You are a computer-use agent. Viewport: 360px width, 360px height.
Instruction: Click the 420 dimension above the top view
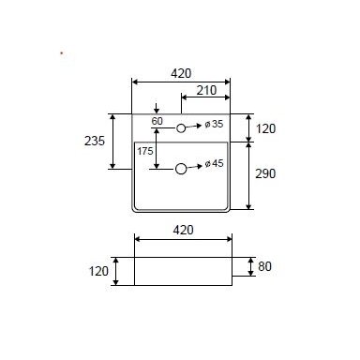pyautogui.click(x=181, y=73)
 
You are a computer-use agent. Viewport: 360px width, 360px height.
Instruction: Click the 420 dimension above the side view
pyautogui.click(x=183, y=230)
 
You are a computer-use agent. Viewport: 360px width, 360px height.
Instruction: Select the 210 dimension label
pyautogui.click(x=206, y=90)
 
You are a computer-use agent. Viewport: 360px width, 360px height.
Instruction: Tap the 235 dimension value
pyautogui.click(x=95, y=141)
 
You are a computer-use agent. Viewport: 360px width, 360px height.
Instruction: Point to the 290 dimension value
pyautogui.click(x=265, y=173)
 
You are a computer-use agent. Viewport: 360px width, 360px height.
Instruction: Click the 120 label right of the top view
pyautogui.click(x=265, y=128)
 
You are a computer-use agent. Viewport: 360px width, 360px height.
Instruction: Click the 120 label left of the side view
pyautogui.click(x=98, y=271)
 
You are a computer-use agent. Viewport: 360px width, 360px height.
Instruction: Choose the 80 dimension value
pyautogui.click(x=264, y=266)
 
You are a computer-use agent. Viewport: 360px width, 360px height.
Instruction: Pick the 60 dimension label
pyautogui.click(x=157, y=121)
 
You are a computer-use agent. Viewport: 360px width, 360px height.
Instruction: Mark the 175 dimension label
pyautogui.click(x=145, y=151)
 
